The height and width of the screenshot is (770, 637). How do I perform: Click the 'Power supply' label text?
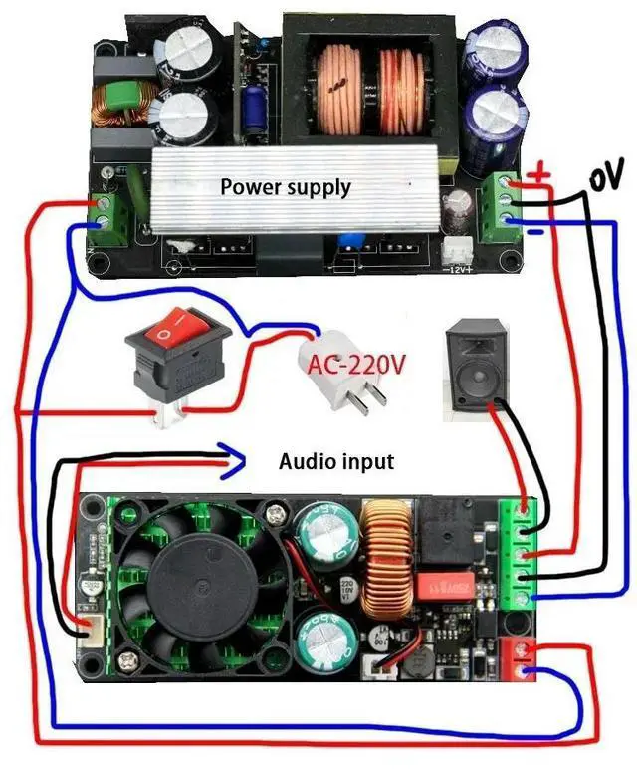pyautogui.click(x=286, y=186)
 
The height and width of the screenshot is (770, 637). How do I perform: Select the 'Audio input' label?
pyautogui.click(x=335, y=462)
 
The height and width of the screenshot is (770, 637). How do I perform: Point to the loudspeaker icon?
pyautogui.click(x=480, y=366)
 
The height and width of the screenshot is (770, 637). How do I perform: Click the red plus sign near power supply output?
pyautogui.click(x=538, y=177)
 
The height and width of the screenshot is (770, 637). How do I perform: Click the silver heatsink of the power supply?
pyautogui.click(x=289, y=189)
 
